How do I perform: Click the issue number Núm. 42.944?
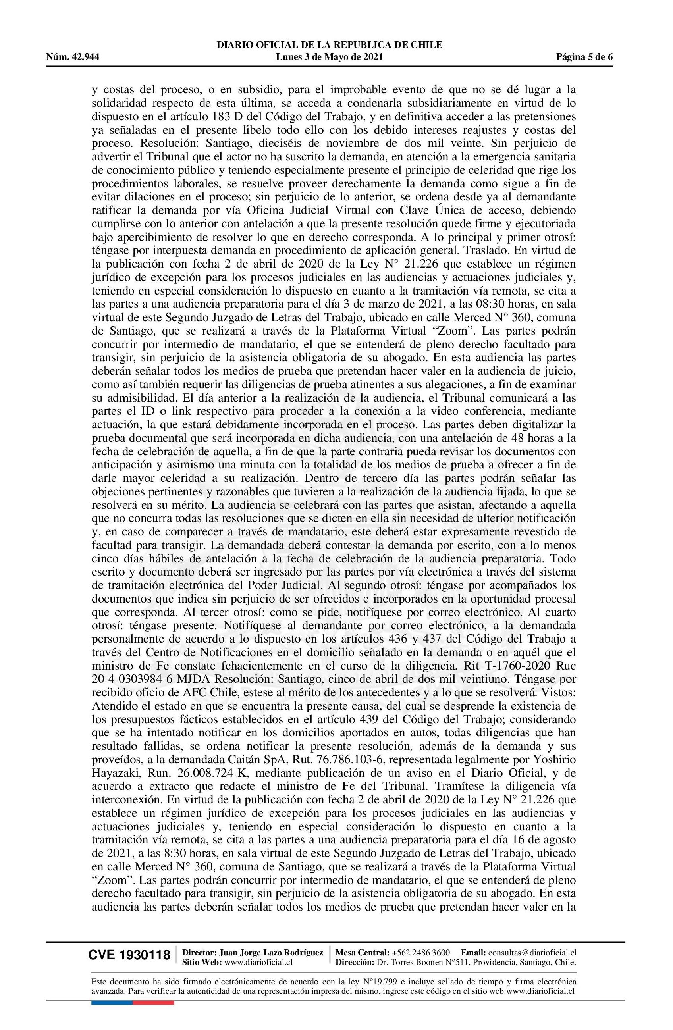73,57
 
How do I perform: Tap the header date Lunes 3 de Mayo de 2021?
330,57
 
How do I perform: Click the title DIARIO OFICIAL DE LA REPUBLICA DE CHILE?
330,45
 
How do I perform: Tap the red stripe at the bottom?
153,991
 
